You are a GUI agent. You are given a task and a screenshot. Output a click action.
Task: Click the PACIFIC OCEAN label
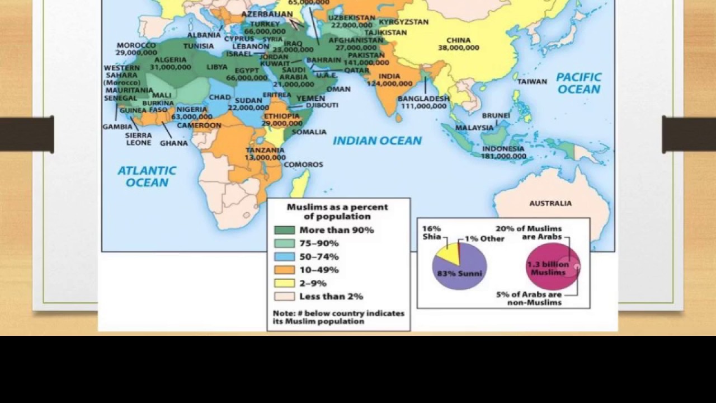click(x=578, y=83)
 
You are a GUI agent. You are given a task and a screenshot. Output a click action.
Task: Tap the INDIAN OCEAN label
click(x=377, y=141)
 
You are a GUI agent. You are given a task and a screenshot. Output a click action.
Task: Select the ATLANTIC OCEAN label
click(x=147, y=176)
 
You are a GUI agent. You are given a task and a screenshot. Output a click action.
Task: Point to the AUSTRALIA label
click(x=550, y=203)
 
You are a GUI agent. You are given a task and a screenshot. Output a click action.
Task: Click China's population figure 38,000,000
click(x=458, y=48)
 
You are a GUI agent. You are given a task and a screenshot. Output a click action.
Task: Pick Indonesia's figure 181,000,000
click(x=503, y=156)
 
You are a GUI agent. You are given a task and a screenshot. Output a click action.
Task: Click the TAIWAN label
click(x=532, y=82)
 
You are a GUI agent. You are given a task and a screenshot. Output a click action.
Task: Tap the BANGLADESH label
click(x=423, y=99)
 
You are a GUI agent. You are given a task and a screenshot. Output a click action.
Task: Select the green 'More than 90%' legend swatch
click(x=284, y=230)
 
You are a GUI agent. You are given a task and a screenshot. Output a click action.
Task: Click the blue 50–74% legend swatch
click(x=284, y=256)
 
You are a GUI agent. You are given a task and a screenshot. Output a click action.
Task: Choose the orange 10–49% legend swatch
click(x=284, y=270)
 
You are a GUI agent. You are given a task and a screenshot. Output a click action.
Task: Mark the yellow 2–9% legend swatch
click(x=284, y=283)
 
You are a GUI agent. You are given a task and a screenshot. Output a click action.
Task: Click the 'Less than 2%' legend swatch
click(x=284, y=297)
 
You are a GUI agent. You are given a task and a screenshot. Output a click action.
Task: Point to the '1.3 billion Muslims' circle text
click(x=548, y=268)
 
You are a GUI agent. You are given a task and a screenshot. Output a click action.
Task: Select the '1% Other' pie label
click(x=484, y=238)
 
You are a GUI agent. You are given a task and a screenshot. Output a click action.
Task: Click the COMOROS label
click(x=303, y=165)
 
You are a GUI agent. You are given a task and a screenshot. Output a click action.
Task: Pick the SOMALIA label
click(x=309, y=132)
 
